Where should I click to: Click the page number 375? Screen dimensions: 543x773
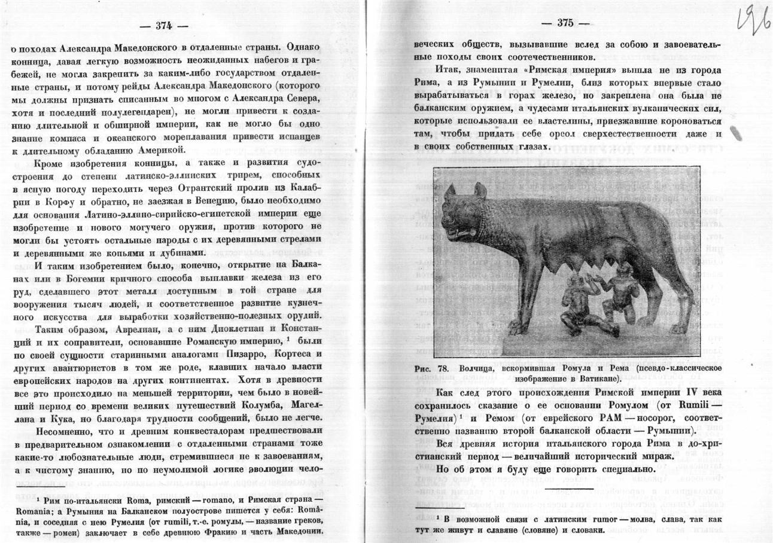564,23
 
